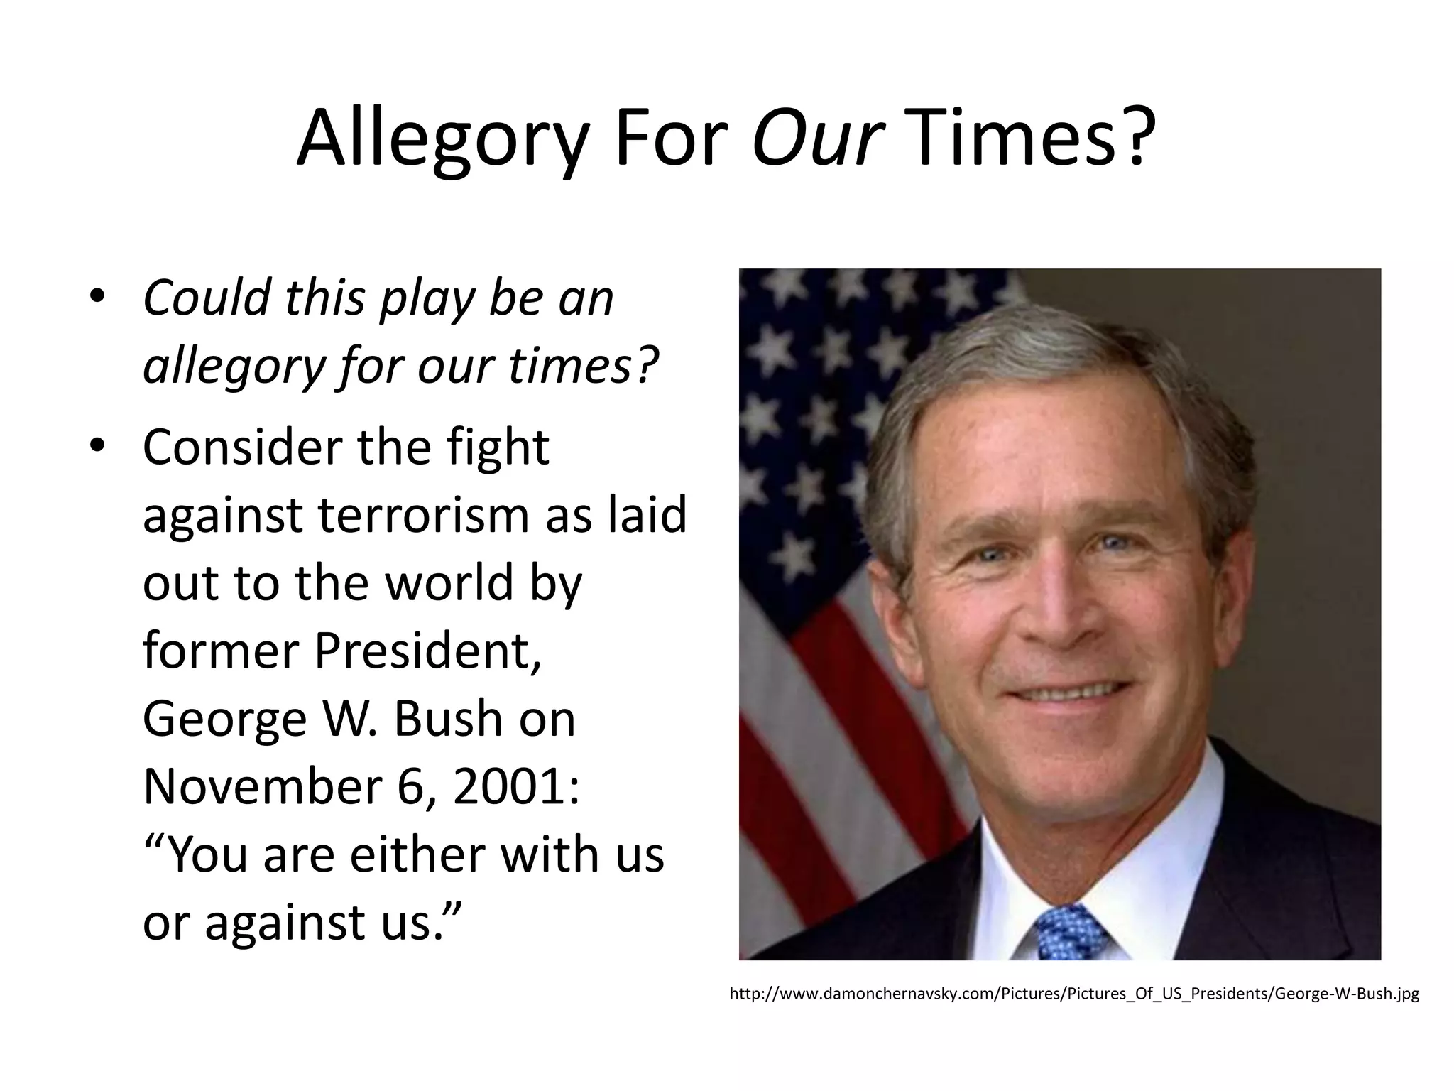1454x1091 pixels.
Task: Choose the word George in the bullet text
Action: point(225,719)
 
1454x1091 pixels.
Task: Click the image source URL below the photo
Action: point(1074,994)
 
